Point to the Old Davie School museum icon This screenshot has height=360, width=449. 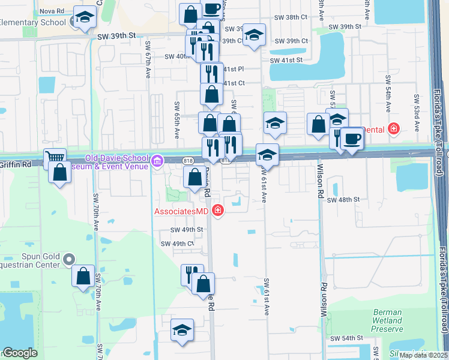click(158, 161)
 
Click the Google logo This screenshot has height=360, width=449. click(19, 353)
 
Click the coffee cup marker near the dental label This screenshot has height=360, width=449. click(352, 139)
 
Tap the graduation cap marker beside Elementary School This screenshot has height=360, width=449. click(85, 18)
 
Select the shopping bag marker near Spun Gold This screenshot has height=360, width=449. click(83, 276)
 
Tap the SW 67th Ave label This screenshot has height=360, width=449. click(148, 60)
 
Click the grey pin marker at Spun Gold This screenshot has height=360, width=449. click(68, 260)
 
